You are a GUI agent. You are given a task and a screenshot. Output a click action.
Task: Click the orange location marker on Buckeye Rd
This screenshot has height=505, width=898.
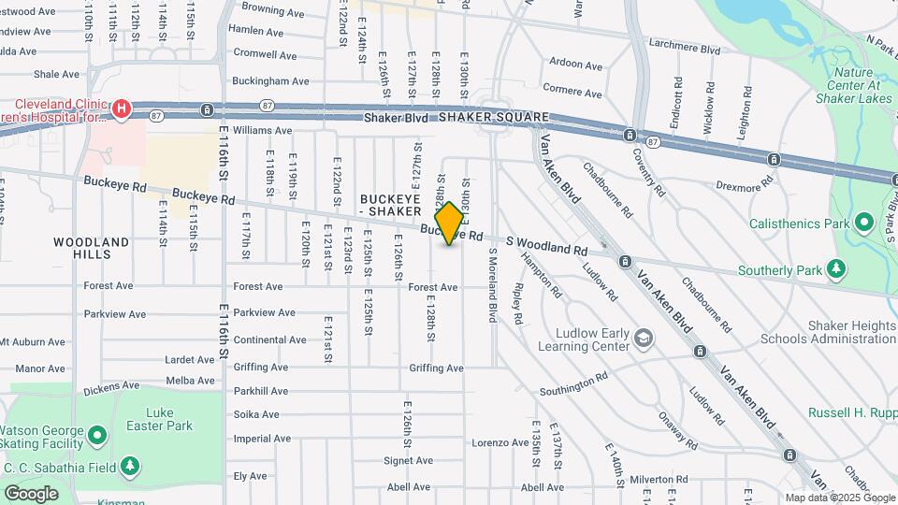(x=450, y=223)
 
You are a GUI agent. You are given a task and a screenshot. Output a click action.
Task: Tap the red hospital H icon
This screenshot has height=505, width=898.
(x=121, y=110)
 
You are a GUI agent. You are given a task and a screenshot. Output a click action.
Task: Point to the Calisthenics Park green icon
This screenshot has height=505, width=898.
(x=864, y=224)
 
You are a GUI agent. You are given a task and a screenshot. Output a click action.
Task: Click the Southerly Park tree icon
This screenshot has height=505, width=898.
(x=835, y=270)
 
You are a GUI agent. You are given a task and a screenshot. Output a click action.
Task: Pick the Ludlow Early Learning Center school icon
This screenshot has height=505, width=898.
(x=644, y=337)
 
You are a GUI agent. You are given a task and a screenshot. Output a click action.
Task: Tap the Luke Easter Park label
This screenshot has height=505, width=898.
(x=169, y=419)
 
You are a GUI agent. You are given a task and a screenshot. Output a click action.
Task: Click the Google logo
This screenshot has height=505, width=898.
(x=31, y=493)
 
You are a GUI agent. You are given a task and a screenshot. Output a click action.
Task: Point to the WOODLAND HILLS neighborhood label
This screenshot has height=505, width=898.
(x=91, y=248)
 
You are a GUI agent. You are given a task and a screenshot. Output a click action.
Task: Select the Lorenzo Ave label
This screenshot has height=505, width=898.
(x=500, y=442)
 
